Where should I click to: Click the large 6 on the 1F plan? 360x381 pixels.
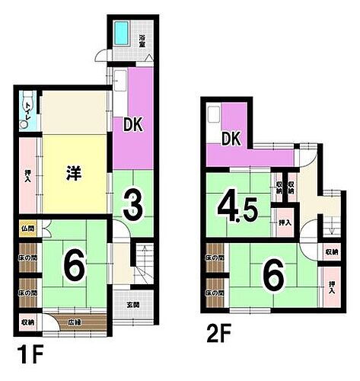[72, 266]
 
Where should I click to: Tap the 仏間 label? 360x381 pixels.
[27, 229]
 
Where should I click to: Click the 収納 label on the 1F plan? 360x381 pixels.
[27, 322]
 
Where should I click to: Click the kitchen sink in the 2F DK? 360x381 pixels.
[214, 114]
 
